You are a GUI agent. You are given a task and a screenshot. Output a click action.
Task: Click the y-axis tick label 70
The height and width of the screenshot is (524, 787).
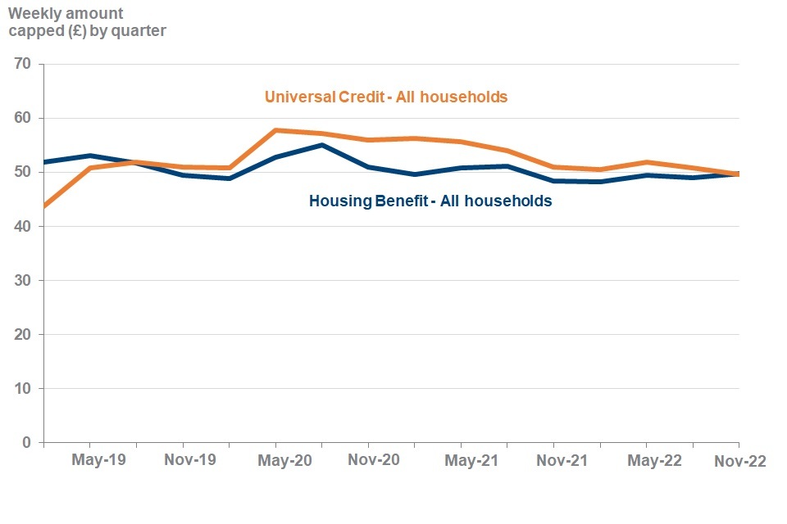(22, 64)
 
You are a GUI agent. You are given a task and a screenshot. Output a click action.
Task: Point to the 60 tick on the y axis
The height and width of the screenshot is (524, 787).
(22, 118)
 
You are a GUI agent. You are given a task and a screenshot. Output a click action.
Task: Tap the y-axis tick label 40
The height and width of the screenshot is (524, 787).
(22, 226)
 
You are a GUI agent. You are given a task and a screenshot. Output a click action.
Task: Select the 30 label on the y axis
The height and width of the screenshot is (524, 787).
(22, 280)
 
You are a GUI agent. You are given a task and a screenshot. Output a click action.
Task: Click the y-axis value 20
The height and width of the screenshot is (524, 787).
(22, 334)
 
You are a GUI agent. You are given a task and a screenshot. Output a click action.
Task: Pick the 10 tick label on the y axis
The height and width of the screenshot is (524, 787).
(22, 388)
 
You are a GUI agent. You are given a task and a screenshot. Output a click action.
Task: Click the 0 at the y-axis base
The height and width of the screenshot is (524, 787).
(27, 442)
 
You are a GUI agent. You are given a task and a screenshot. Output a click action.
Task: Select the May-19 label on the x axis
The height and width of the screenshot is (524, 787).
(98, 461)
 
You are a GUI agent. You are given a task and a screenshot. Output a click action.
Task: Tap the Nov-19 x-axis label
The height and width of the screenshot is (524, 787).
(190, 461)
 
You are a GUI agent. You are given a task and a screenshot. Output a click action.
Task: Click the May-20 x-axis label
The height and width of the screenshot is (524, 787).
(284, 461)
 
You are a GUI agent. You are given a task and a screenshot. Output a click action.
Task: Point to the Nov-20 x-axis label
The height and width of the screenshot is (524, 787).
(373, 461)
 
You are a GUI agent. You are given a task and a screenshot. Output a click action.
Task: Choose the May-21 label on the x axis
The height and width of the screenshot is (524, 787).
(471, 461)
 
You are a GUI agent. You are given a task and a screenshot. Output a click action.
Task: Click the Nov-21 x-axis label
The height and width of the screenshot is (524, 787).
(562, 461)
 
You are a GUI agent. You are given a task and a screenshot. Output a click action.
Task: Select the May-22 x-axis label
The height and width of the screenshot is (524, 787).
(654, 461)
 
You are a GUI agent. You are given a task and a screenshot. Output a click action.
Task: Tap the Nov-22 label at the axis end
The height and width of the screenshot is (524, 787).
(739, 461)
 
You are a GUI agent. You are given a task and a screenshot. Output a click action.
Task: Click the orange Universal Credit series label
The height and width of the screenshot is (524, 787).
(386, 97)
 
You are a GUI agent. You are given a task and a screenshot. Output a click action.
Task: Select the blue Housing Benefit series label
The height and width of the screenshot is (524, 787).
(430, 201)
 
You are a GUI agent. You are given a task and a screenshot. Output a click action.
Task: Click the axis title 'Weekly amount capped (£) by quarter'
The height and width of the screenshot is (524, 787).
(87, 23)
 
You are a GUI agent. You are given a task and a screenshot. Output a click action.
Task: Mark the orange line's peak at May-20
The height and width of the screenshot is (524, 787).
(275, 130)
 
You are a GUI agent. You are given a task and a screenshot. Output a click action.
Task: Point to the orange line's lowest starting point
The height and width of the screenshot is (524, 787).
(44, 206)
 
